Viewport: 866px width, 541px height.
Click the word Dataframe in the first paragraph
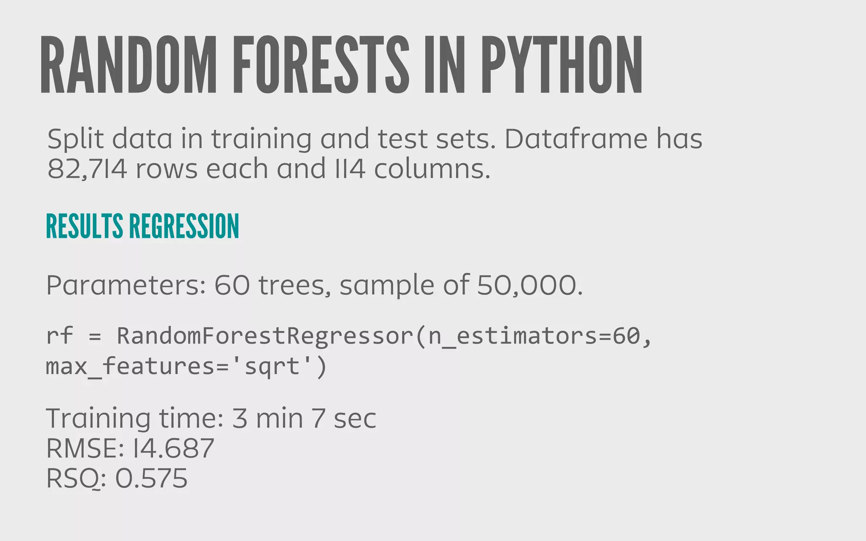pos(576,139)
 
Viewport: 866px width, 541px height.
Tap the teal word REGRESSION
pos(184,227)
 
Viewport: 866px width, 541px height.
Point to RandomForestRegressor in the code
pos(265,336)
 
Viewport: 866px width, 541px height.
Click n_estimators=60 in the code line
pos(534,336)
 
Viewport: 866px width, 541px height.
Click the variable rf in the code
pos(60,336)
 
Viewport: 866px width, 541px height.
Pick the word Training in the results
pos(98,418)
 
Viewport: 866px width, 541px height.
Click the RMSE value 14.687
pos(173,448)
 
